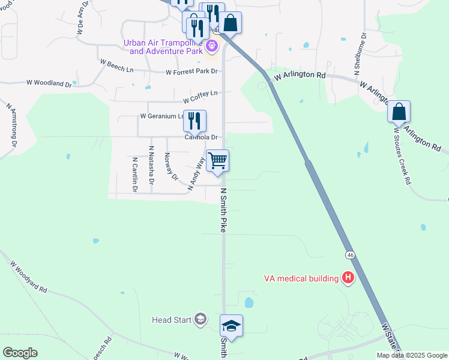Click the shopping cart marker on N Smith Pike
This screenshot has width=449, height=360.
pos(217,161)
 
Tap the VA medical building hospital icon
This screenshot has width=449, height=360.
pos(348,277)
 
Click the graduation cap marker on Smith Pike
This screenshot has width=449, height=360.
pos(231,326)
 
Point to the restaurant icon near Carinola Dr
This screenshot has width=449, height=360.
pos(194,121)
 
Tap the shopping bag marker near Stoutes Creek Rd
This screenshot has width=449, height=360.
pos(399,112)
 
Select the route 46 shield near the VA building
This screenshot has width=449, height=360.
pos(350,255)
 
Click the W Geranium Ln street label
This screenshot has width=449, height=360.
pos(160,116)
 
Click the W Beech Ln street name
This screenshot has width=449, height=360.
pos(116,65)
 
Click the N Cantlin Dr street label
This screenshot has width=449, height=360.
pos(134,174)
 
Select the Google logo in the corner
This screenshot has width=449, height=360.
pos(20,353)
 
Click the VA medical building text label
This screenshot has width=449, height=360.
pos(301,278)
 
